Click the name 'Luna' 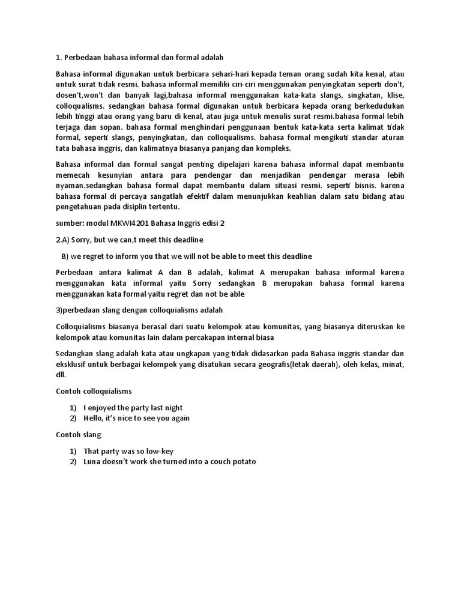(93, 462)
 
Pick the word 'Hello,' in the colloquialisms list (95, 418)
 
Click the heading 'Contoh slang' (79, 434)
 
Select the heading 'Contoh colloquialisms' (94, 391)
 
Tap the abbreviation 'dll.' (61, 375)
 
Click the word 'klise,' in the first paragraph (392, 95)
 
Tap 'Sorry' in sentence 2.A (80, 240)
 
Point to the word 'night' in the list (172, 407)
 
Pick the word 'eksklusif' (73, 364)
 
